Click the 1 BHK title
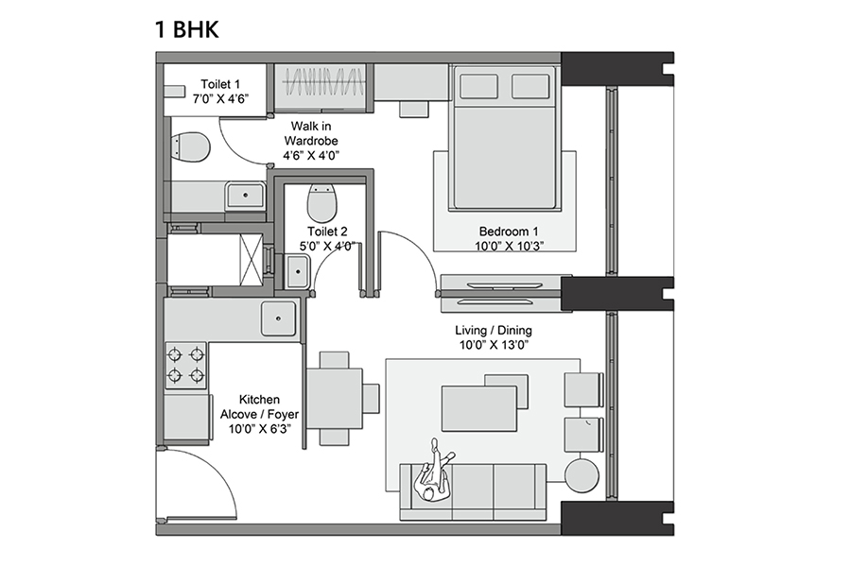tap(187, 29)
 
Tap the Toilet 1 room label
tap(220, 84)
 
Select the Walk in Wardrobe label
tap(311, 133)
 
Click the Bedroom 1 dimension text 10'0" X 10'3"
tap(509, 247)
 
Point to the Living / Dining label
tap(494, 331)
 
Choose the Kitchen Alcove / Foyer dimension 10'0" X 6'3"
tap(259, 429)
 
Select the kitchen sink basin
tap(278, 318)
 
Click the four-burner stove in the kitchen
tap(185, 365)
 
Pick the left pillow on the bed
tap(479, 86)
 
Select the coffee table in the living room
tap(478, 408)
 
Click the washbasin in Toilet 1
tap(245, 195)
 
